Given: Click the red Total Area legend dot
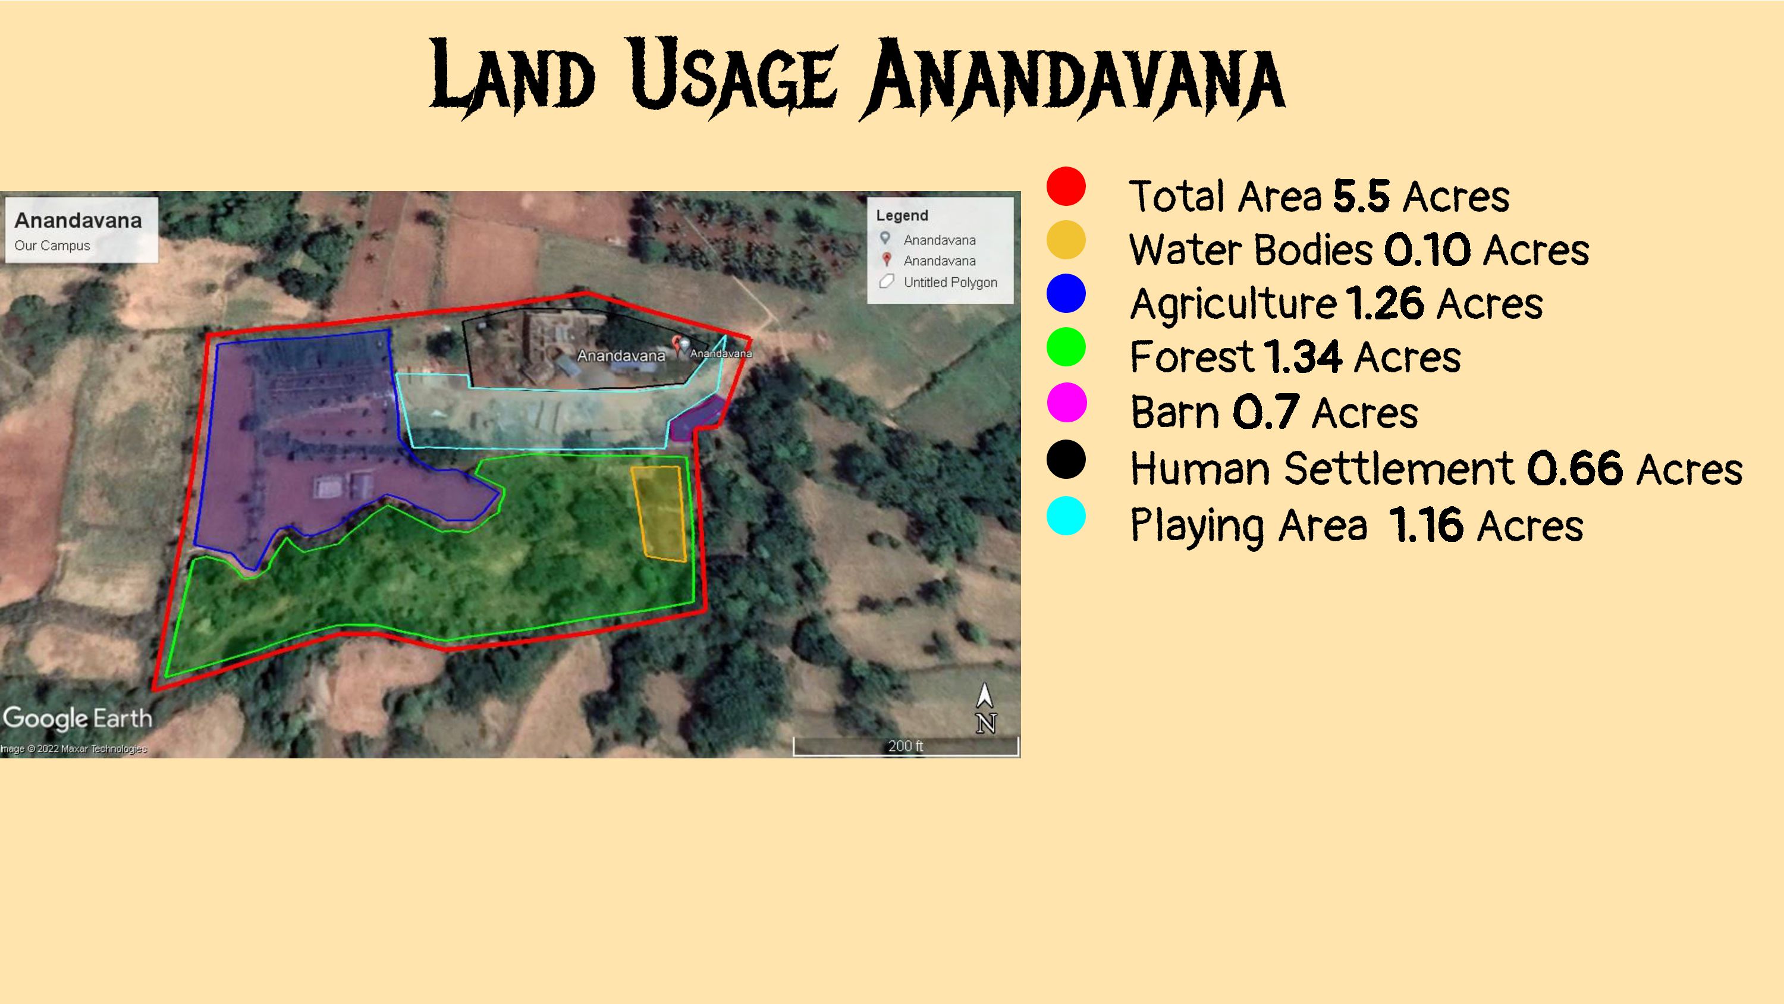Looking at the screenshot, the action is coord(1066,186).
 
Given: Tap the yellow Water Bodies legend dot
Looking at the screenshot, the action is coord(1066,240).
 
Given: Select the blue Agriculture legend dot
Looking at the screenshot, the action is coord(1066,293).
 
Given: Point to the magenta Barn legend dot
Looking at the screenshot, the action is coord(1066,403).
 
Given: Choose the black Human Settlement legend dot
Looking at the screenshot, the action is coord(1066,459).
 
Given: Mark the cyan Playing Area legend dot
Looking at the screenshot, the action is coord(1066,516).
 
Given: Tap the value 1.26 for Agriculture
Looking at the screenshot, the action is coord(1384,303).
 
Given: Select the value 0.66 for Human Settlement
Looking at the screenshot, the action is coord(1574,469).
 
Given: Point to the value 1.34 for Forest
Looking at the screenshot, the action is coord(1303,357).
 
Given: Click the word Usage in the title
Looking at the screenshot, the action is coord(734,75).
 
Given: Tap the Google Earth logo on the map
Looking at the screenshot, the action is coord(77,719).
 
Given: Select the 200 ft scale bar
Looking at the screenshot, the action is coord(906,746).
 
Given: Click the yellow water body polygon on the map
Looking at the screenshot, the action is coord(659,513).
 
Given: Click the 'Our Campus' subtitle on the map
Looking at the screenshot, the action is coord(53,245).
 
